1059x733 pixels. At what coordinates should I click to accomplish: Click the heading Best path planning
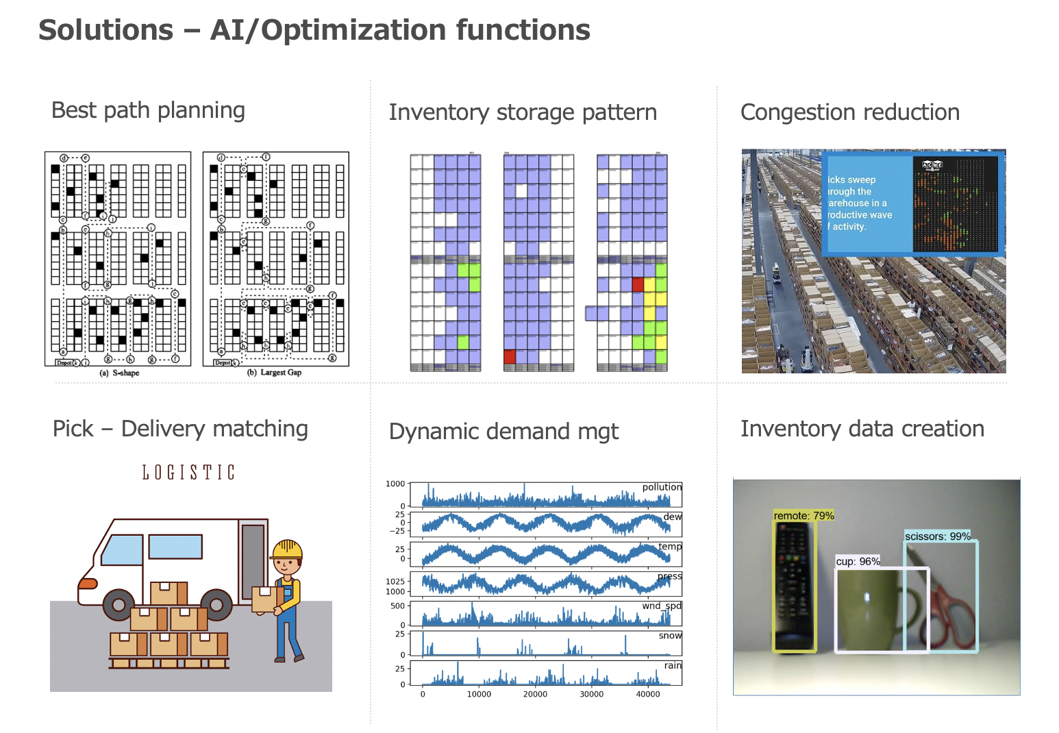pyautogui.click(x=148, y=110)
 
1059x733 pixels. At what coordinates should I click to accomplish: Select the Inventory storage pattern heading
pyautogui.click(x=523, y=112)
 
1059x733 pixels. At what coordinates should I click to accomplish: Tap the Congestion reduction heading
pyautogui.click(x=850, y=112)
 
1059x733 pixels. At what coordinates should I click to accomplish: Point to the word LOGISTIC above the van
pyautogui.click(x=188, y=473)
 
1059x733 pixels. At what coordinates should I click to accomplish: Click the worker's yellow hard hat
pyautogui.click(x=288, y=549)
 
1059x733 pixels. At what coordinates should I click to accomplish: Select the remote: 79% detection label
pyautogui.click(x=803, y=516)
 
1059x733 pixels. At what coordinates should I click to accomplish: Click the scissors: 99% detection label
pyautogui.click(x=937, y=536)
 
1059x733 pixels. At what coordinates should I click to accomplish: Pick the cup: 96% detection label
pyautogui.click(x=858, y=562)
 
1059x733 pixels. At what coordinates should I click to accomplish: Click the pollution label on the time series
pyautogui.click(x=662, y=487)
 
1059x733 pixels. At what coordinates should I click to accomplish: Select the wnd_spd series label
pyautogui.click(x=662, y=606)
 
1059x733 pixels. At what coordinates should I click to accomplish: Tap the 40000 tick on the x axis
pyautogui.click(x=648, y=694)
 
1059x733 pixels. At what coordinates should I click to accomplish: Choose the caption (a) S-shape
pyautogui.click(x=119, y=373)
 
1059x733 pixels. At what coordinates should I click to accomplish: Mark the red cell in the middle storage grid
pyautogui.click(x=509, y=356)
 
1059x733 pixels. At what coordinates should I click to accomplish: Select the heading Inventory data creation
pyautogui.click(x=862, y=429)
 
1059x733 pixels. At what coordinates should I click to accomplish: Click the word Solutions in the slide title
pyautogui.click(x=106, y=30)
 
